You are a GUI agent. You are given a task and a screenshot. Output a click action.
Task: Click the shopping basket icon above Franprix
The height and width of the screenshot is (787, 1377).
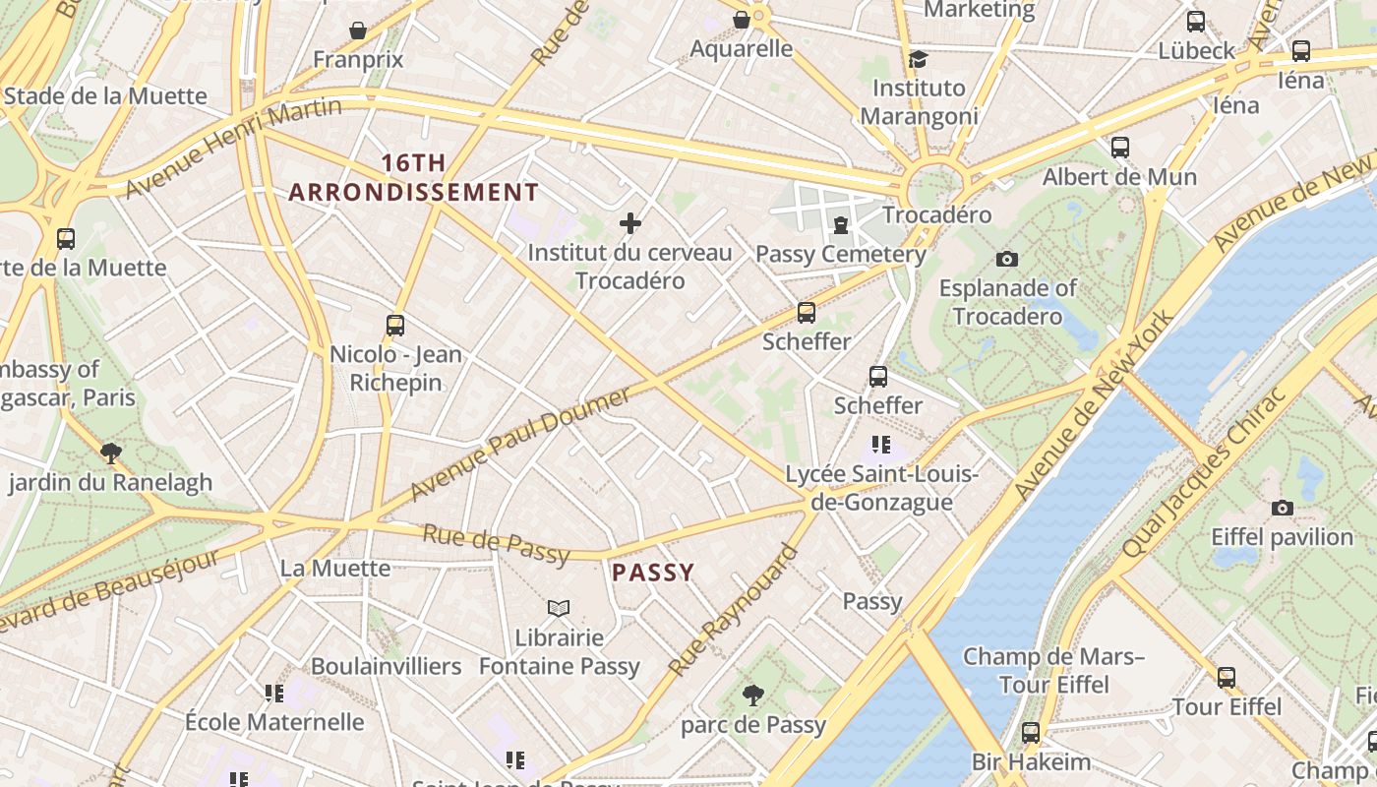[x=358, y=30]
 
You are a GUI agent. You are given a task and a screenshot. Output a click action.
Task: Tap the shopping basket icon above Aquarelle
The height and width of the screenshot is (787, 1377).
[x=742, y=20]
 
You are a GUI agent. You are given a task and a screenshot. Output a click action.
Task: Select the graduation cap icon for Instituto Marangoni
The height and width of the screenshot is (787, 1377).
[x=918, y=59]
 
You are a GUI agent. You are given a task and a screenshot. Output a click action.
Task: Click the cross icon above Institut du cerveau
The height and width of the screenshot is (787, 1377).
[x=630, y=224]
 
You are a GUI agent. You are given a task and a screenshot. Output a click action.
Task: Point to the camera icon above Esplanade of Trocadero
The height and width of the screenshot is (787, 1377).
[x=1006, y=260]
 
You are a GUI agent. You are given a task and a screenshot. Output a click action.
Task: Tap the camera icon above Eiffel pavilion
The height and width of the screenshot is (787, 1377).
[x=1282, y=509]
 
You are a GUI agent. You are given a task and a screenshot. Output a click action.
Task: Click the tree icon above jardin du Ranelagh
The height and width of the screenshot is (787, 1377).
[x=111, y=454]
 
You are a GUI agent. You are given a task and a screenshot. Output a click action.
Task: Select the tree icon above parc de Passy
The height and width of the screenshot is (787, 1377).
[x=753, y=696]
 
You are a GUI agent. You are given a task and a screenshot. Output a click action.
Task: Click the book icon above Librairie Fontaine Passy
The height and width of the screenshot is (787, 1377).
[x=559, y=609]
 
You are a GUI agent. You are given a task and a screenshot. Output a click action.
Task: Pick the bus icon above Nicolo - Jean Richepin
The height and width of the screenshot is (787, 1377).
[x=395, y=326]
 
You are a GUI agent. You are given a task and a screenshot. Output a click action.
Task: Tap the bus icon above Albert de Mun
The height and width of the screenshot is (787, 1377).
[x=1119, y=149]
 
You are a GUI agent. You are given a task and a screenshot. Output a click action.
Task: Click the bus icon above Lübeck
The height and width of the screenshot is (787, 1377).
[x=1196, y=22]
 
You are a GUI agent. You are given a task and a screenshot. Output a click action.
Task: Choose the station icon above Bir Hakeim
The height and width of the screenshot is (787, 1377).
[x=1030, y=733]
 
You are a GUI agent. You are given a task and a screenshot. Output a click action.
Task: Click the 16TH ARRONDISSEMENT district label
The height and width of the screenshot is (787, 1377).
[x=414, y=177]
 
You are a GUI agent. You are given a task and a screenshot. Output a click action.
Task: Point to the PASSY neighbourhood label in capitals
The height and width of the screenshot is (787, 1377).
[x=653, y=573]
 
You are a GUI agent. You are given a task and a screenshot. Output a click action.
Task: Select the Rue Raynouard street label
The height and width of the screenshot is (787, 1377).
[x=733, y=610]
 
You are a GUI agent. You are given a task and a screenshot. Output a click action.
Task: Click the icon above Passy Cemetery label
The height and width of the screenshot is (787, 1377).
[x=840, y=226]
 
